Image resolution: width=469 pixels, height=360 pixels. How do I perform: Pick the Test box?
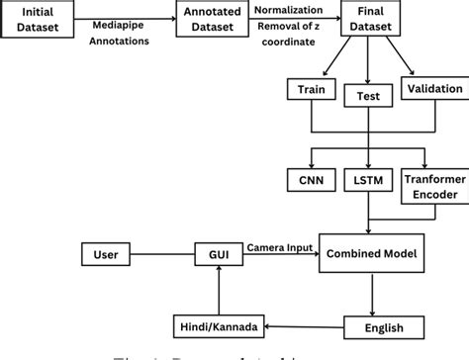click(x=368, y=96)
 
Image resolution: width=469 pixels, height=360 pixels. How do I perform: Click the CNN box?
click(x=311, y=181)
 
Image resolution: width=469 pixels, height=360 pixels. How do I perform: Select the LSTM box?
click(x=367, y=181)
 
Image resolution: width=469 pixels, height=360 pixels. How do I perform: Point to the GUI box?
click(x=217, y=255)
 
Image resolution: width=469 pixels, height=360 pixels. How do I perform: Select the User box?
click(x=107, y=255)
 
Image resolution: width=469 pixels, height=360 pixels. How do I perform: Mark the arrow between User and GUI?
click(x=164, y=255)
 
